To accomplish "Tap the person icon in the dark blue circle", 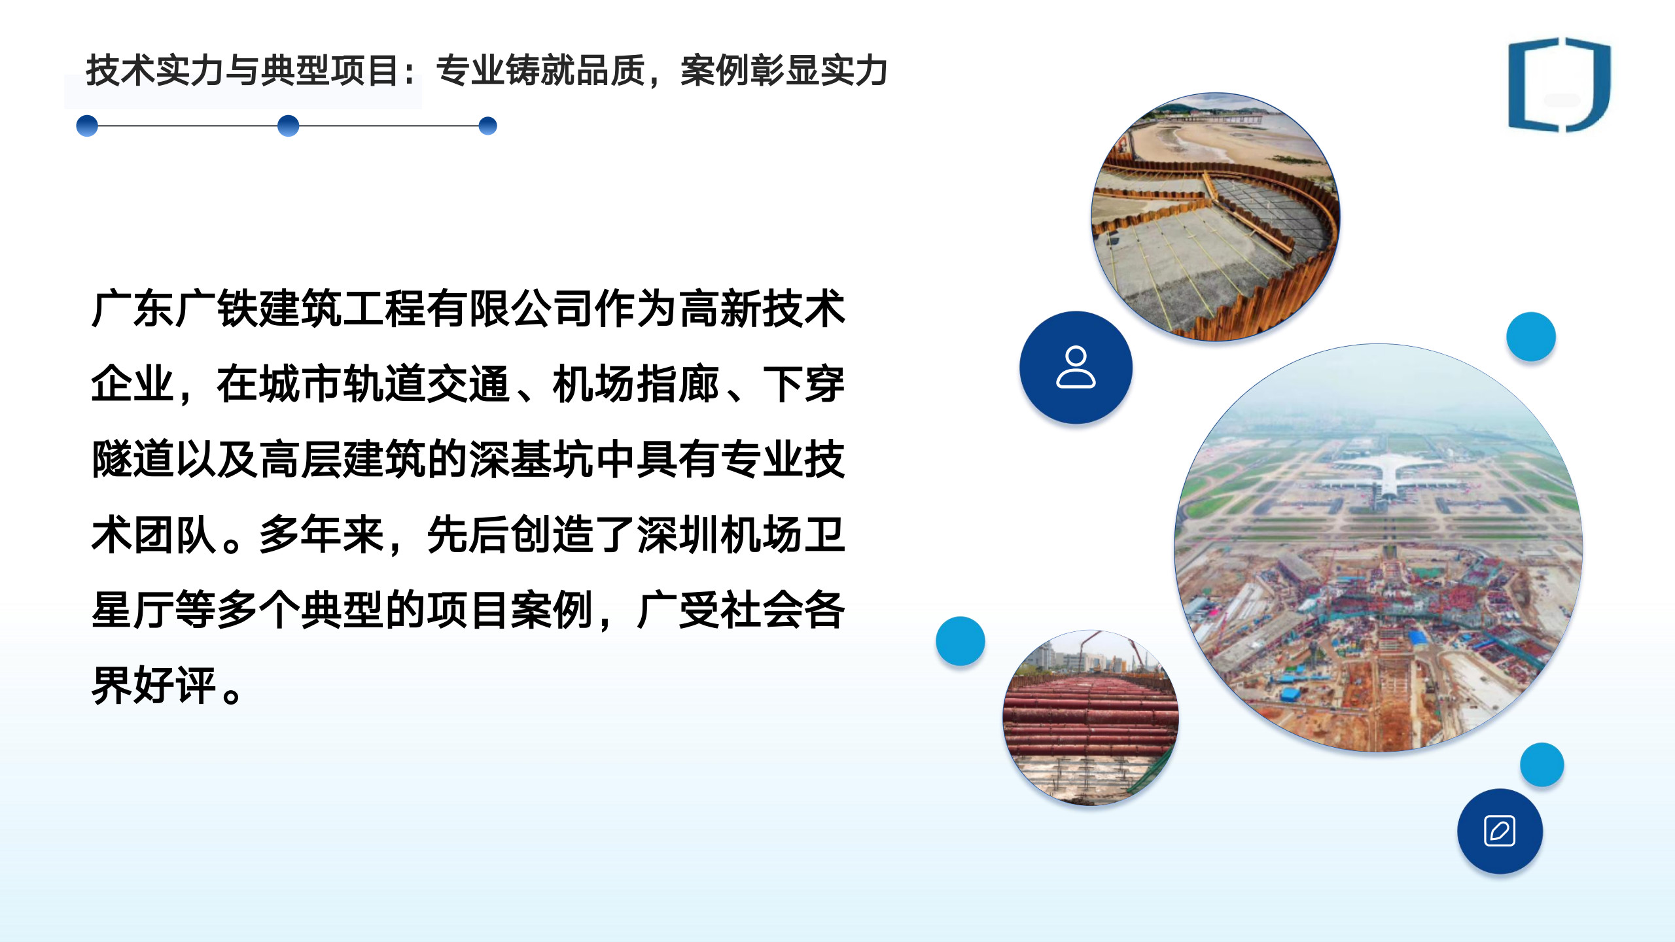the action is pyautogui.click(x=1076, y=367).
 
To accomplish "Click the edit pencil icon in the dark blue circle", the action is pyautogui.click(x=1500, y=831).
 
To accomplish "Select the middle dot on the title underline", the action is pyautogui.click(x=288, y=126).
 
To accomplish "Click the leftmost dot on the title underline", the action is pyautogui.click(x=87, y=126).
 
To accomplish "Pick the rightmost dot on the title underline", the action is pyautogui.click(x=487, y=126).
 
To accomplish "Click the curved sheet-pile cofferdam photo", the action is pyautogui.click(x=1216, y=217).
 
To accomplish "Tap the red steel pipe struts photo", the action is pyautogui.click(x=1091, y=718).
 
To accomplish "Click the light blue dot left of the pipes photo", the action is pyautogui.click(x=960, y=641).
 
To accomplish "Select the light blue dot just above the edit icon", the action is pyautogui.click(x=1542, y=764).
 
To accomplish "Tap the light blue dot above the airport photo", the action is pyautogui.click(x=1531, y=336).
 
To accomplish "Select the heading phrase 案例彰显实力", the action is pyautogui.click(x=784, y=71).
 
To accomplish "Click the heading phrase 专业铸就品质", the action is pyautogui.click(x=541, y=71).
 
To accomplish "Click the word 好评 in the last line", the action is pyautogui.click(x=175, y=685).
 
